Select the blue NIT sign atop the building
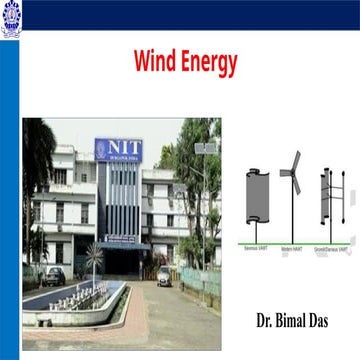point(119,149)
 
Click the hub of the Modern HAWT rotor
point(292,172)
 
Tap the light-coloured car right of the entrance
point(164,274)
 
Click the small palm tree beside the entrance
point(94,258)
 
